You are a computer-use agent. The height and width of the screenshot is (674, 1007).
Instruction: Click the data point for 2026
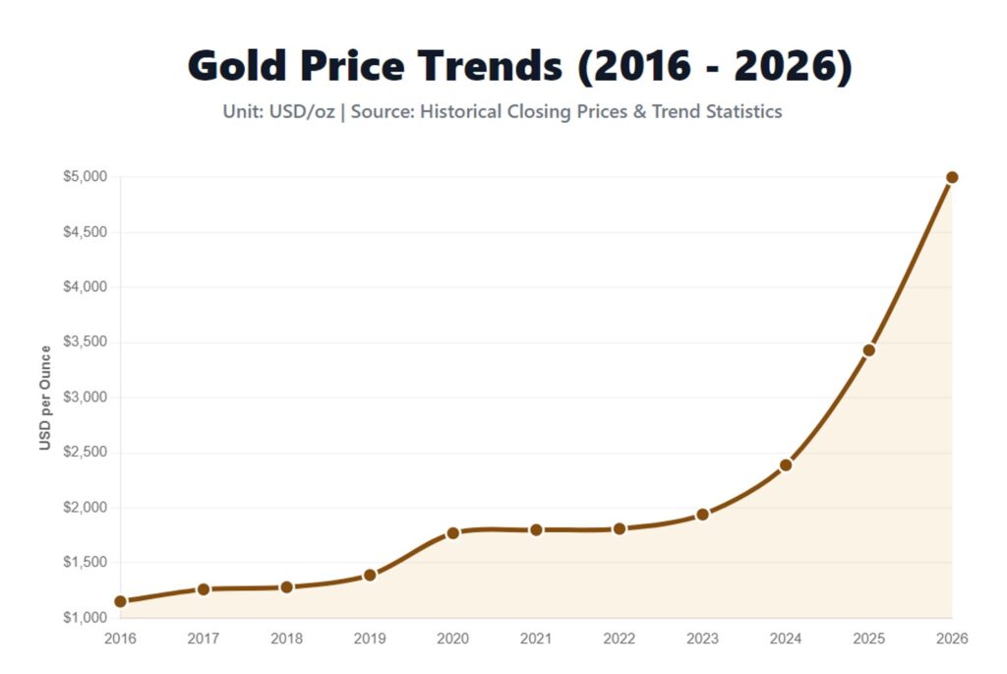[952, 177]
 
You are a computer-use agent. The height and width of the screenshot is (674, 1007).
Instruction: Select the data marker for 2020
[453, 533]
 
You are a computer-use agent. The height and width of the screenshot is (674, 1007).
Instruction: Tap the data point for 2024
[786, 465]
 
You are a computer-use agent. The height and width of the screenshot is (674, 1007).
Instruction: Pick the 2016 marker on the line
[120, 601]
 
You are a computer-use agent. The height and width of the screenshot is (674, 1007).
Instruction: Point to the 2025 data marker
[868, 350]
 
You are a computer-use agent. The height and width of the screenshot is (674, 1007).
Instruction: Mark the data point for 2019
[370, 575]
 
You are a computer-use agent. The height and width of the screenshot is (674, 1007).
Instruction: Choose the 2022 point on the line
[620, 528]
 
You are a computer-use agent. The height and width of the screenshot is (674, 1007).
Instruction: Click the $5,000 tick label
[86, 177]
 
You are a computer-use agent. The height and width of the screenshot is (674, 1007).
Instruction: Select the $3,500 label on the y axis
[86, 342]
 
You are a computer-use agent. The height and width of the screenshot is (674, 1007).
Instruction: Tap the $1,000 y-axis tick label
[86, 618]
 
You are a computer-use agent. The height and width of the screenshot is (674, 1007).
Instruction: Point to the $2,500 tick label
[86, 453]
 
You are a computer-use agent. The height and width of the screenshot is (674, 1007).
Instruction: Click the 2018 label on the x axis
[286, 639]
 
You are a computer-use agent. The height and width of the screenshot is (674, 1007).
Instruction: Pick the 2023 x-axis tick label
[702, 639]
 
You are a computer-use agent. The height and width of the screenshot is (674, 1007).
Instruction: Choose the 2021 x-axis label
[536, 639]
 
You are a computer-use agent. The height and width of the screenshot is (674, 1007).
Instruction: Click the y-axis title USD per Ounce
[45, 398]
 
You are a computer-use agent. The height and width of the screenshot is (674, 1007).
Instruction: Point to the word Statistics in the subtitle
[743, 111]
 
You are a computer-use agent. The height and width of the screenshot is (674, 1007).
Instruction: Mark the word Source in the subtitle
[382, 111]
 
